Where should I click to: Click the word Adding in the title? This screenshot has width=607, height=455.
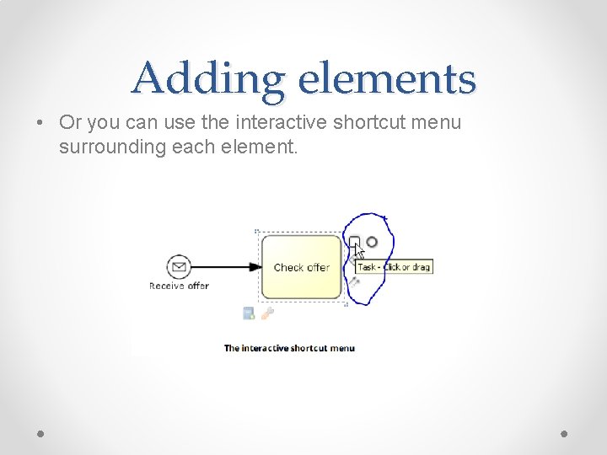pos(207,79)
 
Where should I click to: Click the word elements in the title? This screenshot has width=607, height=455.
pos(387,78)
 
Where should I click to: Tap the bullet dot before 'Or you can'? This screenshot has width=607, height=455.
pos(40,122)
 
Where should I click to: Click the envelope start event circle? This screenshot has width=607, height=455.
pos(179,267)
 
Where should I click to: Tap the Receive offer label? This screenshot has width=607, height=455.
pos(179,286)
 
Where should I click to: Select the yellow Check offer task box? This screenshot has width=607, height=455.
pos(301,267)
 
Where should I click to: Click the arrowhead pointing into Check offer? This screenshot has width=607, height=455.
pos(255,267)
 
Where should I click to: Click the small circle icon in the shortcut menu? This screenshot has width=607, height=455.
pos(372,243)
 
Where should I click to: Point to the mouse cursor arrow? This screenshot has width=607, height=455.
pos(359,250)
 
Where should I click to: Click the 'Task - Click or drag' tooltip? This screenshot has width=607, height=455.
pos(394,267)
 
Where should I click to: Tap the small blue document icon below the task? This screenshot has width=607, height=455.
pos(249,313)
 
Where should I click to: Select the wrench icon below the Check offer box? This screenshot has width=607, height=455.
pos(267,313)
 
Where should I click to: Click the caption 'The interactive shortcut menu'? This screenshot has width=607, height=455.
pos(289,348)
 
